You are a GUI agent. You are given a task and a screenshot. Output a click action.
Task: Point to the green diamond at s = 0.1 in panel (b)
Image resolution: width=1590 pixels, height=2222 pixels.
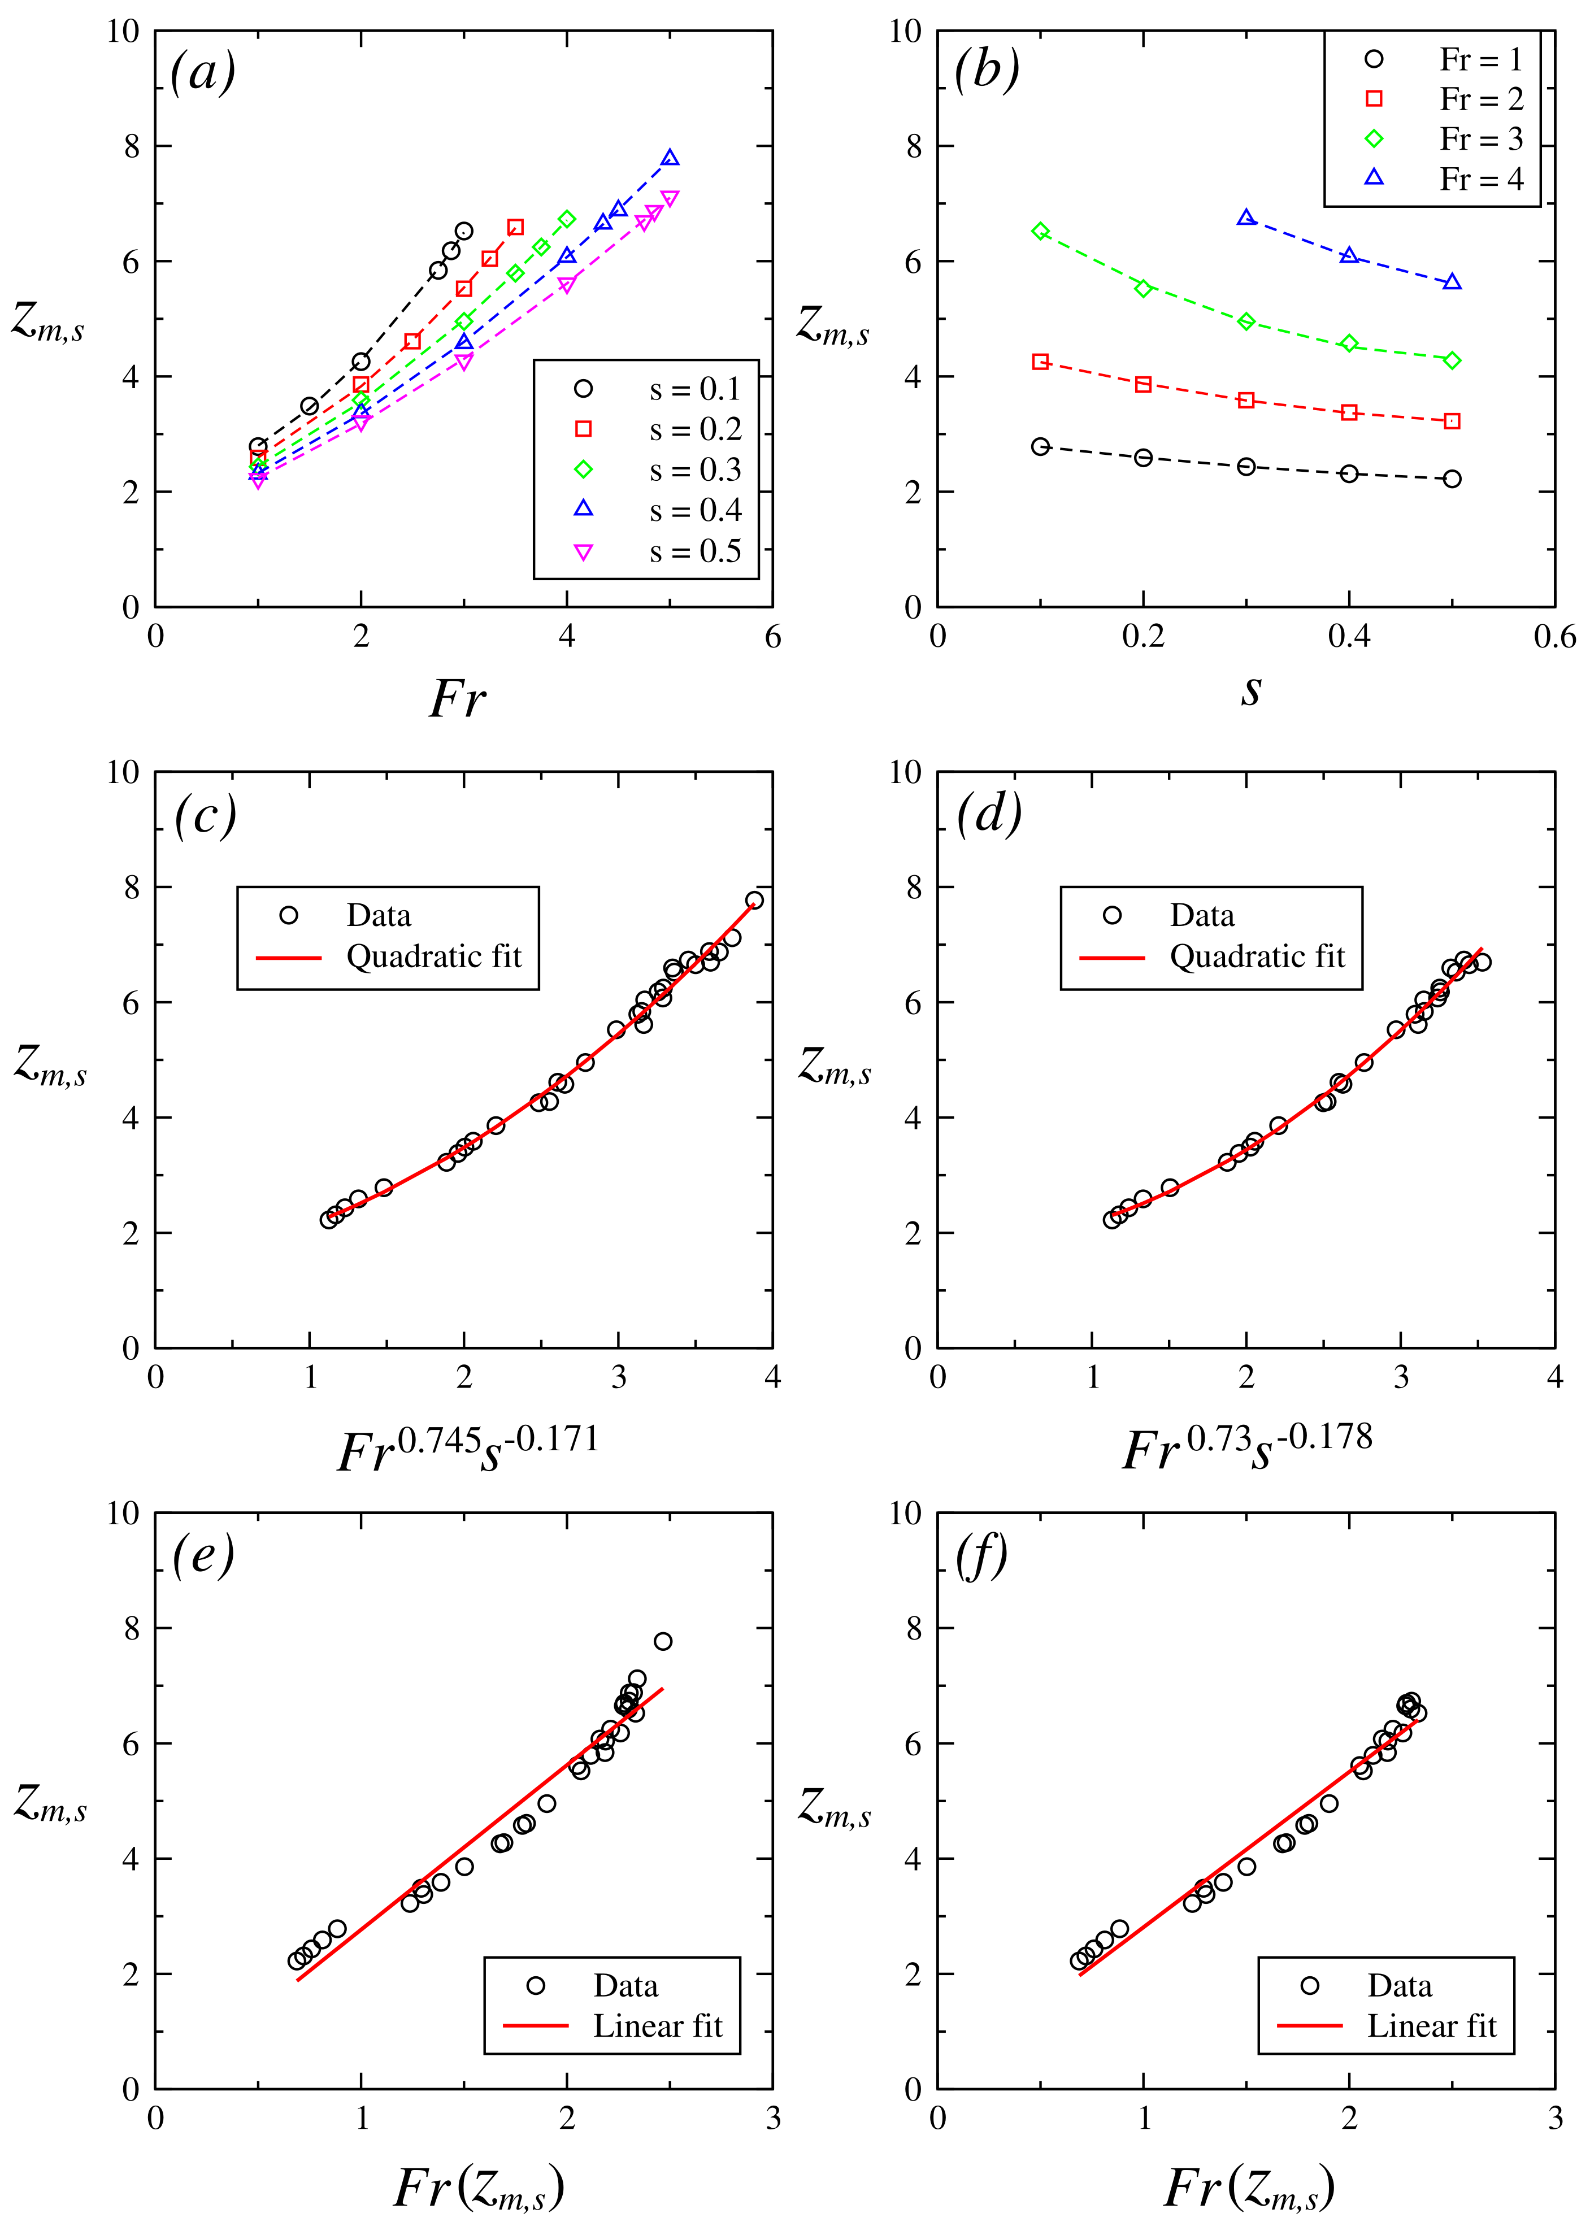(1041, 231)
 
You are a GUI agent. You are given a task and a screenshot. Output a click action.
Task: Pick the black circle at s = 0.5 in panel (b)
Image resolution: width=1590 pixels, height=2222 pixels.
(1452, 479)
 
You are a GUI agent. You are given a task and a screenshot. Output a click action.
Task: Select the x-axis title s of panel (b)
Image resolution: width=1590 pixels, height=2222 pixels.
(1250, 690)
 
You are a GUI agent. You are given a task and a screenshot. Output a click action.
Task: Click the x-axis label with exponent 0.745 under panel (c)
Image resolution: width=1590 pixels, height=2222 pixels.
(467, 1449)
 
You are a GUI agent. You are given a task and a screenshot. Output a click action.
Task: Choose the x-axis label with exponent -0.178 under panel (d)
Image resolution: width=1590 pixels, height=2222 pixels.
(1248, 1449)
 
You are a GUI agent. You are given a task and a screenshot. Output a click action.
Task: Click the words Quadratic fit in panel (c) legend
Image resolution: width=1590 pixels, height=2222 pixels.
(434, 956)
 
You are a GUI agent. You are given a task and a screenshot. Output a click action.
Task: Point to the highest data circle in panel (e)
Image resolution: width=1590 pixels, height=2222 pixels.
(663, 1641)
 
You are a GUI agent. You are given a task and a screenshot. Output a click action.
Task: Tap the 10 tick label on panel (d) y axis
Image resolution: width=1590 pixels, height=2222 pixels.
(906, 772)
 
